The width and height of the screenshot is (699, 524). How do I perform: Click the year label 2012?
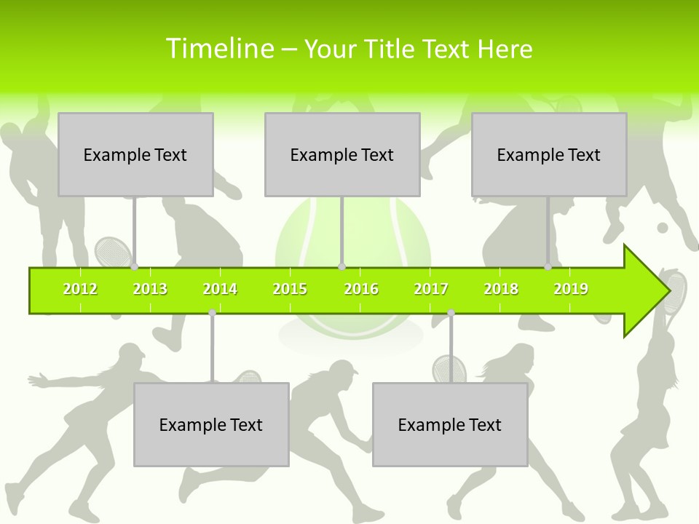(80, 289)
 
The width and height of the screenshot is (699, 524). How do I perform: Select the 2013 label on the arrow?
(150, 289)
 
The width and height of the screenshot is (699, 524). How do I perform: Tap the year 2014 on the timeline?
(220, 289)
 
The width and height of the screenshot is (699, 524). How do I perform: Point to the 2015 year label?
(290, 289)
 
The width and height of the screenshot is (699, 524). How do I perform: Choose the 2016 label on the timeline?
(361, 289)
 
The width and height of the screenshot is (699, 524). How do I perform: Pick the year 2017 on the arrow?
(431, 289)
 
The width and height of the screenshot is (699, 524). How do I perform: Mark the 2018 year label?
(501, 289)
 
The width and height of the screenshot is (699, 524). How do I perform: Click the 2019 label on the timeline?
(571, 289)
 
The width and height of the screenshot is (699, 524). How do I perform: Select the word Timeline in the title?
(218, 49)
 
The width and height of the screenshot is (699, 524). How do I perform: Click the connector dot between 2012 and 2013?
(134, 267)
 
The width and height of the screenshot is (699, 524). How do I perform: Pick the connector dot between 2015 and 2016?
(341, 267)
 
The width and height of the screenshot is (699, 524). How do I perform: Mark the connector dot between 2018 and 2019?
(548, 267)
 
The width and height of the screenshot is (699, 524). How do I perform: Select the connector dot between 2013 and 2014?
(212, 312)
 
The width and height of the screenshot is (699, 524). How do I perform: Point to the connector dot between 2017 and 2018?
(451, 312)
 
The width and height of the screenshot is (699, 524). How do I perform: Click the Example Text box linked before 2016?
(342, 154)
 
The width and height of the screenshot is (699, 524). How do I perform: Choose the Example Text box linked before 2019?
(549, 154)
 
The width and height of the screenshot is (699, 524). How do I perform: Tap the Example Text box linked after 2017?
(450, 424)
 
